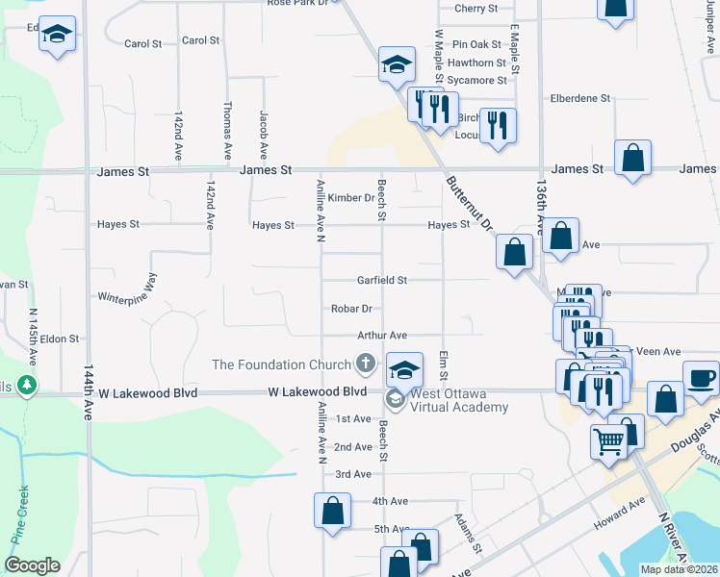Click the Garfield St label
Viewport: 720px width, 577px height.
pyautogui.click(x=383, y=280)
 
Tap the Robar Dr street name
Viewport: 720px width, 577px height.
pyautogui.click(x=351, y=309)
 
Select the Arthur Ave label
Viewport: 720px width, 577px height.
pyautogui.click(x=382, y=335)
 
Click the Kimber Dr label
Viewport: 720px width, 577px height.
pyautogui.click(x=350, y=198)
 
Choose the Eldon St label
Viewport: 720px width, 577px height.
pyautogui.click(x=59, y=339)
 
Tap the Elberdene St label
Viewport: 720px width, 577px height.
pyautogui.click(x=579, y=98)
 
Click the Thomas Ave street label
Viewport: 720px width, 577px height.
pyautogui.click(x=227, y=130)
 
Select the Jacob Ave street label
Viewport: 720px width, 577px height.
pyautogui.click(x=262, y=134)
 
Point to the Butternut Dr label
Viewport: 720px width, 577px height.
pyautogui.click(x=470, y=203)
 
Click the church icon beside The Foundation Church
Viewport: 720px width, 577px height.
pyautogui.click(x=365, y=364)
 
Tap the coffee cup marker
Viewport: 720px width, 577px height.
pyautogui.click(x=701, y=377)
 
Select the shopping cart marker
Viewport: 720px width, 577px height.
pyautogui.click(x=608, y=441)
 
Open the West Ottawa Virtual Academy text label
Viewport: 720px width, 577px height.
pyautogui.click(x=459, y=400)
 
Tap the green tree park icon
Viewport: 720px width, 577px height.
pyautogui.click(x=28, y=387)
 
